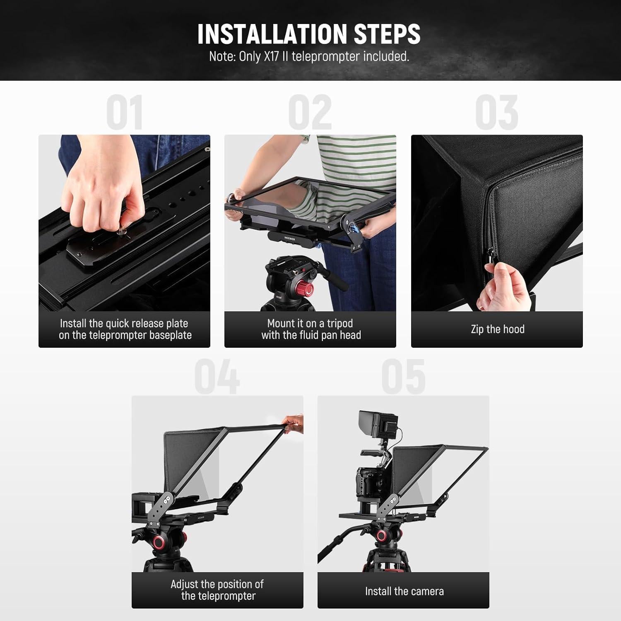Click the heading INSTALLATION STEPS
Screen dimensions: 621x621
point(309,34)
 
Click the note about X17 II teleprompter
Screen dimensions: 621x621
point(309,56)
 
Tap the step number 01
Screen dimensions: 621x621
point(124,113)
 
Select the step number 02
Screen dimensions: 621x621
point(310,113)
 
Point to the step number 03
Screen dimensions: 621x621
point(496,113)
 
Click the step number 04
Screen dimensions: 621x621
point(217,377)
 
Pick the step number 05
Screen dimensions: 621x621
point(403,377)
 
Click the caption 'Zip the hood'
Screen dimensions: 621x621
point(497,329)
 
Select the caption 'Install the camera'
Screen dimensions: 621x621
point(404,591)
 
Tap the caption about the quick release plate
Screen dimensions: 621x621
point(125,329)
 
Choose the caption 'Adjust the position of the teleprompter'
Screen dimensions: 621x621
point(217,590)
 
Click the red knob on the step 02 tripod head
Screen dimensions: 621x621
point(307,288)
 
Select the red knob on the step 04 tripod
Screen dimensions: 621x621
point(159,542)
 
